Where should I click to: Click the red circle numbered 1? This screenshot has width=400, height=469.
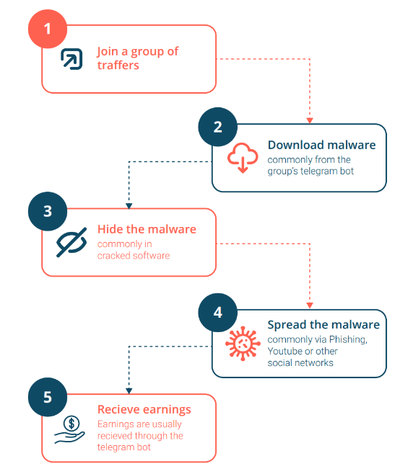tap(48, 29)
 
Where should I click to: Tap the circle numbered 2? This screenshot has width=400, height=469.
tap(218, 127)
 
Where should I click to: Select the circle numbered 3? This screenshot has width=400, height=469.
tap(48, 211)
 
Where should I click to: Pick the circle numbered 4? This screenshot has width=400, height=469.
tap(218, 313)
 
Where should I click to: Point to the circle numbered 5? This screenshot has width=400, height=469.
tap(48, 397)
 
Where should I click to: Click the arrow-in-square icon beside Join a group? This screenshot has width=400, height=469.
tap(71, 59)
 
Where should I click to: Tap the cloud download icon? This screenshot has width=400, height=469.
tap(243, 158)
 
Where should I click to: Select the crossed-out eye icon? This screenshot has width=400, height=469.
tap(71, 242)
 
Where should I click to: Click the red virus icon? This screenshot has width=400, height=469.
tap(243, 344)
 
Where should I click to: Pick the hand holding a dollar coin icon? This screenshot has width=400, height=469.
tap(69, 430)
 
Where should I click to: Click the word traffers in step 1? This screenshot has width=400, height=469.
tap(118, 66)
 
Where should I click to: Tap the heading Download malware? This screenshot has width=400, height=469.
tap(322, 145)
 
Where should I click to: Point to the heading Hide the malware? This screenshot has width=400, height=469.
tap(147, 229)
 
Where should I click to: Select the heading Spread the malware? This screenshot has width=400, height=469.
tap(323, 324)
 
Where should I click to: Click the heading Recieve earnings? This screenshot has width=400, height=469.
tap(144, 409)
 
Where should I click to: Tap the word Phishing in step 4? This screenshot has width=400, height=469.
tap(348, 339)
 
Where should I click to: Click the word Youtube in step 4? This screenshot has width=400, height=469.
tap(286, 351)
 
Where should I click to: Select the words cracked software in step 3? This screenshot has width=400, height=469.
tap(134, 256)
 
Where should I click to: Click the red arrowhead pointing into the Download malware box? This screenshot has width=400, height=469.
tap(310, 120)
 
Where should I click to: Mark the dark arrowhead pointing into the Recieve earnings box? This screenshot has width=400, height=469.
tap(129, 391)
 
